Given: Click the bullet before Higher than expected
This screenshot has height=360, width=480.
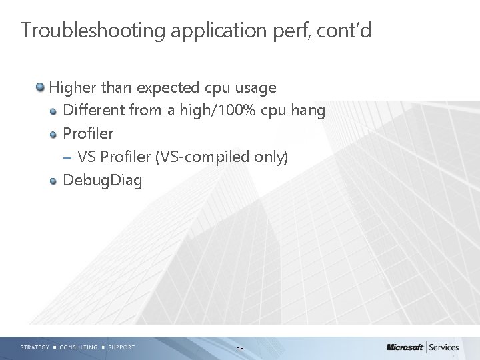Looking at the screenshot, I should point(41,88).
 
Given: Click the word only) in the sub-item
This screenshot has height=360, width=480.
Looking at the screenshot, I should point(273,157).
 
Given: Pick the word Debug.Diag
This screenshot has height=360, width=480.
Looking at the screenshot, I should point(102,181).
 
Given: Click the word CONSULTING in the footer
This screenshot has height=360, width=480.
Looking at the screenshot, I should point(78,347).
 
